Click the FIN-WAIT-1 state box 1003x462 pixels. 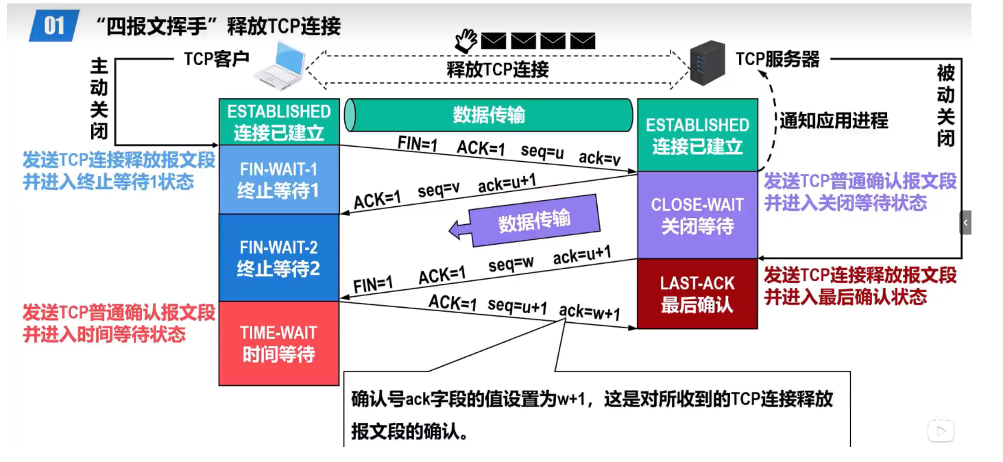278,179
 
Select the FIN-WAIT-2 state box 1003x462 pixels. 278,257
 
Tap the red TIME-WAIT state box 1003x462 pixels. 278,343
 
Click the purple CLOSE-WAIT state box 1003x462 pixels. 697,215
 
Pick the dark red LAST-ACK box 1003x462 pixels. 697,293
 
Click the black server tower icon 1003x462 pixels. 707,62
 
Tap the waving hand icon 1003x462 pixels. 466,40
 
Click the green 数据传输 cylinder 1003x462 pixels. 488,114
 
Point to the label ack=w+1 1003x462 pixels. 589,313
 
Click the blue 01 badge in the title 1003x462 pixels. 53,26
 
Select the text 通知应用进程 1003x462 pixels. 834,121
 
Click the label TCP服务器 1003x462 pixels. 777,59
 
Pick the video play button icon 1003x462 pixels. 941,430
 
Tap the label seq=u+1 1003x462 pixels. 518,306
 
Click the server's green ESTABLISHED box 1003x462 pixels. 697,135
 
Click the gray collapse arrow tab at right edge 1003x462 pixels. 965,223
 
